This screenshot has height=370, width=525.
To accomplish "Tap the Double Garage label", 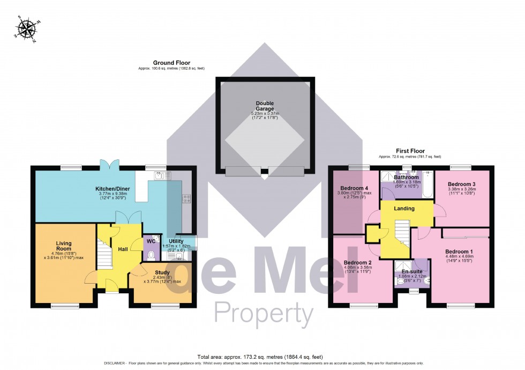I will (265, 106).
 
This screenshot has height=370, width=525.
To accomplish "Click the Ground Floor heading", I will (171, 63).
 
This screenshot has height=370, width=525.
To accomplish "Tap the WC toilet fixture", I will (151, 255).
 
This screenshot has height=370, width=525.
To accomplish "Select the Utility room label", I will (176, 241).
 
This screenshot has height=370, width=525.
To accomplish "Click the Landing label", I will (404, 209).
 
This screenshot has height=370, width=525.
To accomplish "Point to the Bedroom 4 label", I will (354, 188).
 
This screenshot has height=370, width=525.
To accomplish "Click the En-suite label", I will (412, 271).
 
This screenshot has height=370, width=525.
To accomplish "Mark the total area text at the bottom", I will (262, 357).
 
